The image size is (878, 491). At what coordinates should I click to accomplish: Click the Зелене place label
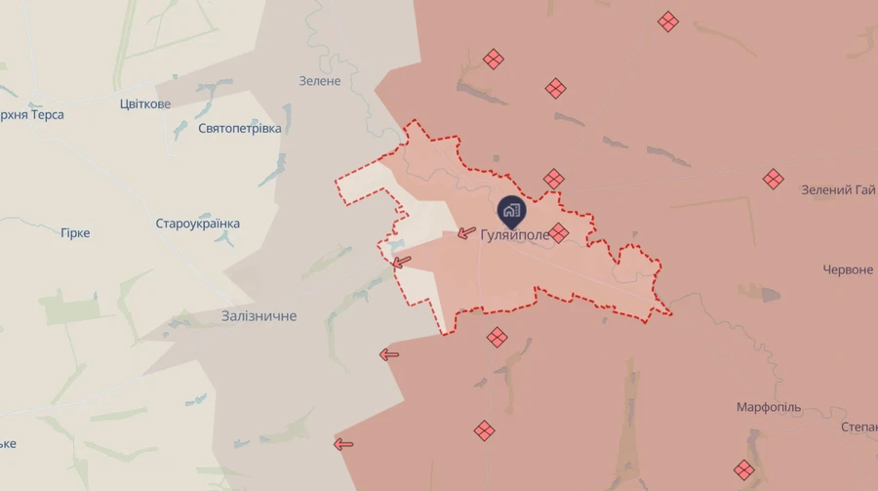[320, 81]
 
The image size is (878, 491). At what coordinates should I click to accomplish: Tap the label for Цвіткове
[144, 104]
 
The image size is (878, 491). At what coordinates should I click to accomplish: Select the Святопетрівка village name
[239, 129]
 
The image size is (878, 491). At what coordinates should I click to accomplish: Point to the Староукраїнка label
[197, 224]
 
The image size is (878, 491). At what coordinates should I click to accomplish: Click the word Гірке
[75, 233]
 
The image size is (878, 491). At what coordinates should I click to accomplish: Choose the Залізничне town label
[259, 316]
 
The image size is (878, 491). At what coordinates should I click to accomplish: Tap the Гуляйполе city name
[515, 234]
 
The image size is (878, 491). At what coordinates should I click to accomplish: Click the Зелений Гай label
[838, 189]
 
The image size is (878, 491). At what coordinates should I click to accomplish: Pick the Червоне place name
[847, 269]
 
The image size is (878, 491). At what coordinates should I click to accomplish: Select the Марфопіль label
[769, 406]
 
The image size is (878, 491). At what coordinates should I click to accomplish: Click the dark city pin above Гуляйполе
[511, 210]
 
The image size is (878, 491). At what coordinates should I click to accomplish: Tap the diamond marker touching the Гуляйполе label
[558, 232]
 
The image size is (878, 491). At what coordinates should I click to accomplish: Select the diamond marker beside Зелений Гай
[773, 179]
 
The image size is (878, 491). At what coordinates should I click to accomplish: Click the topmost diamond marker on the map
[667, 21]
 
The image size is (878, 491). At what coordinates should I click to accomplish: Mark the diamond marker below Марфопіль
[744, 470]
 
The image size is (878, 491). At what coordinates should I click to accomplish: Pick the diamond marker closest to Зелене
[494, 60]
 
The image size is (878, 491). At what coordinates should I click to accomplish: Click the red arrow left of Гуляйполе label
[466, 233]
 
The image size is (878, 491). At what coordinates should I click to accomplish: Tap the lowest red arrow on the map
[343, 444]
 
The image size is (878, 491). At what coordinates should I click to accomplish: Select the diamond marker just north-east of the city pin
[554, 179]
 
